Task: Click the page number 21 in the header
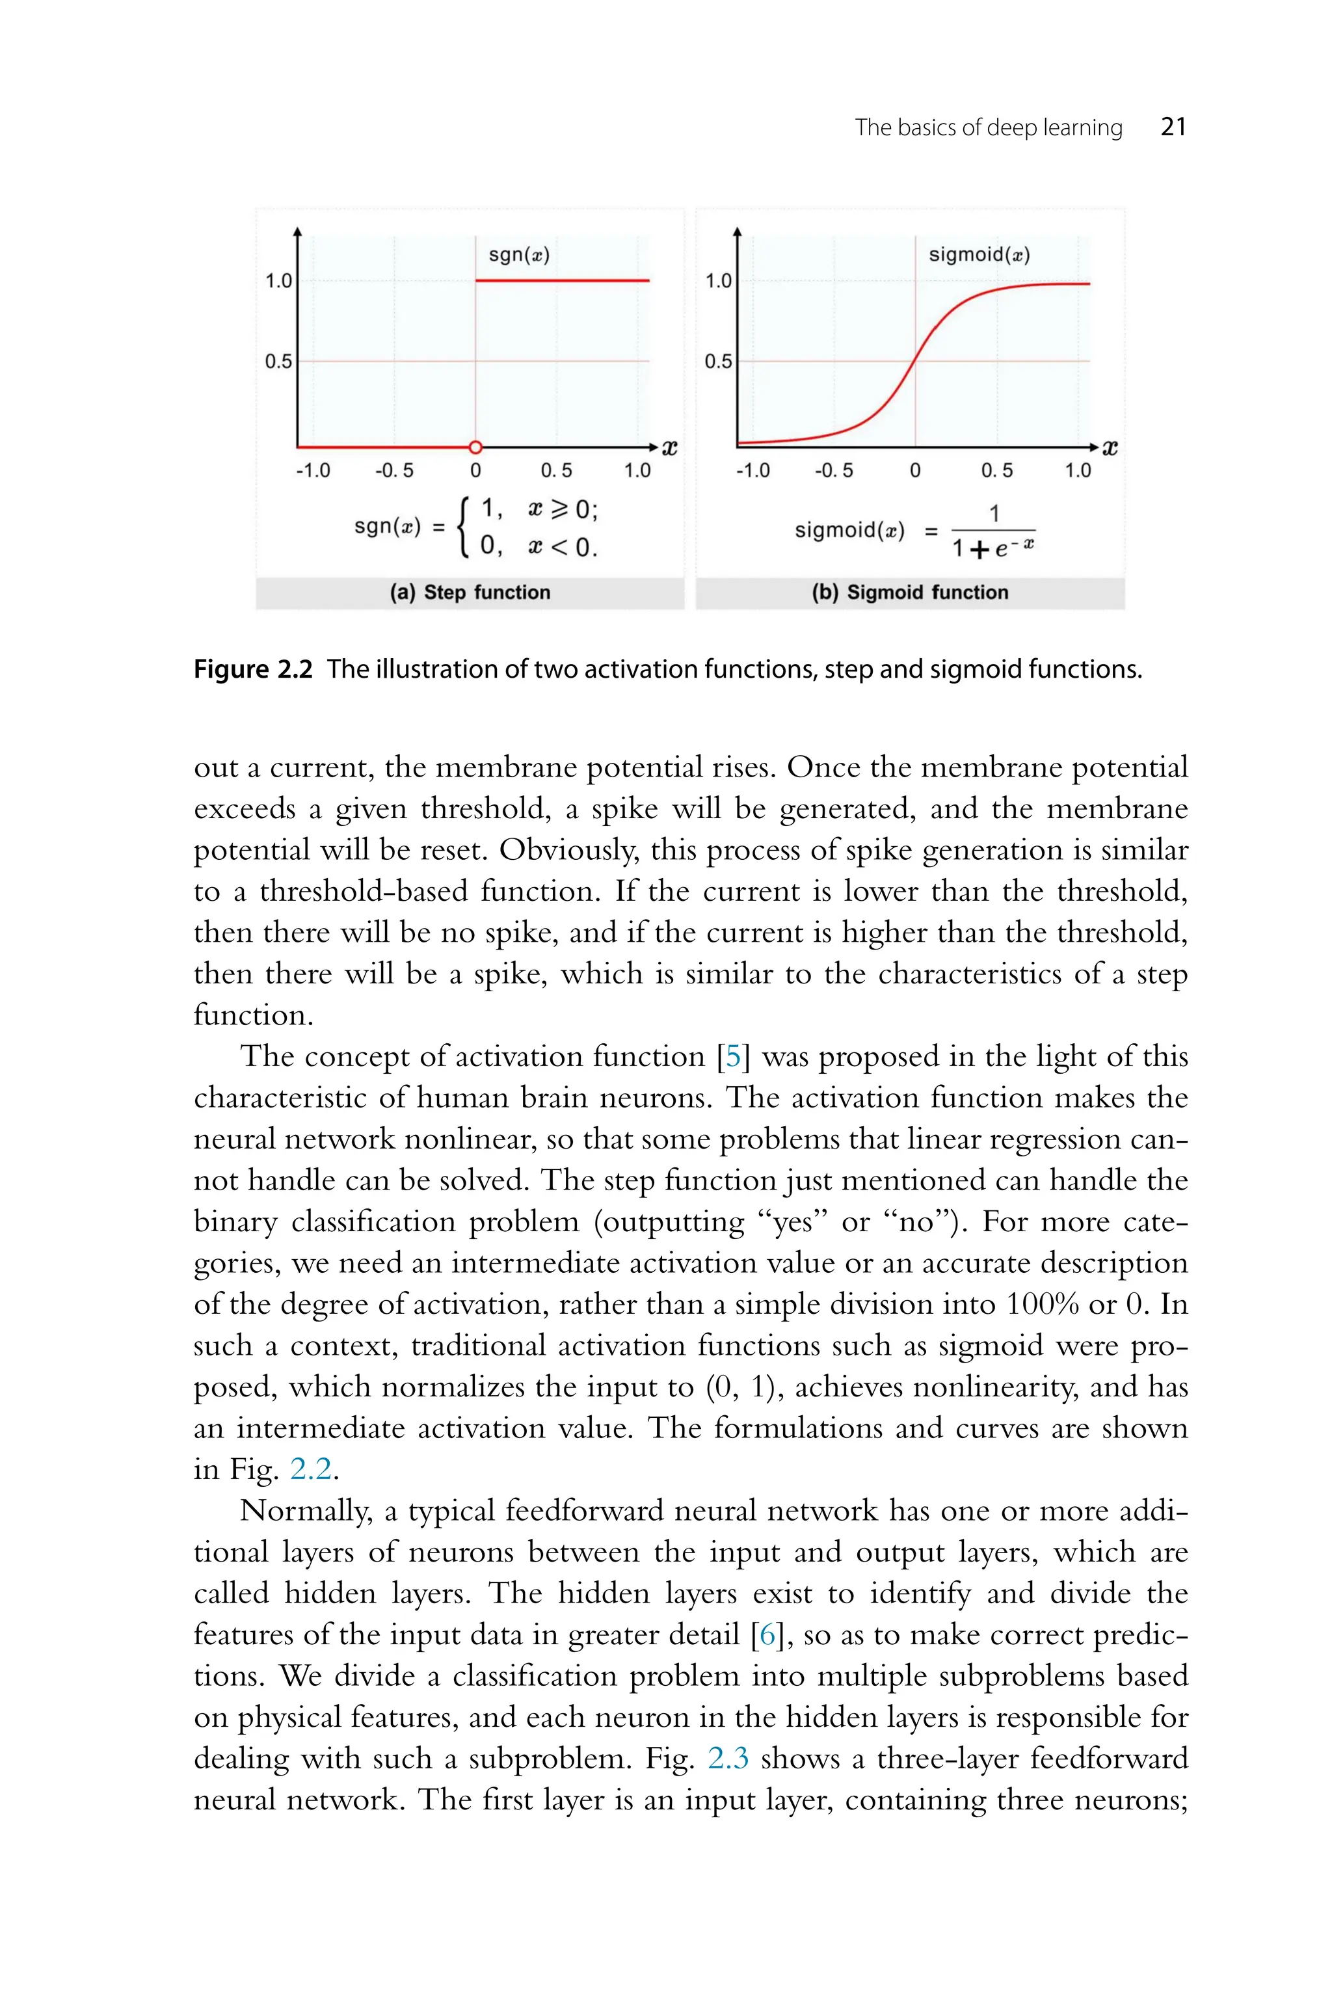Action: point(1173,127)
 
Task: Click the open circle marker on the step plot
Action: point(475,447)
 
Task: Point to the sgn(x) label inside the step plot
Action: point(519,254)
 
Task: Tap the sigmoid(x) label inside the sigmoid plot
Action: point(979,254)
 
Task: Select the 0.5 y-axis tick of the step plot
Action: point(278,361)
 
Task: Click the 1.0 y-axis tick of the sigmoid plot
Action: point(718,280)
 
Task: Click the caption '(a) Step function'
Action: point(470,592)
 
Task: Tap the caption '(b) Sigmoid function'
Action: point(910,592)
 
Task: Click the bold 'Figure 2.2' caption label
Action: point(253,669)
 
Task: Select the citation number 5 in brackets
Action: point(733,1057)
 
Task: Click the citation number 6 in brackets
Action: point(768,1634)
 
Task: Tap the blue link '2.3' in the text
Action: point(728,1759)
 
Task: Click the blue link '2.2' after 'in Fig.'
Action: point(311,1469)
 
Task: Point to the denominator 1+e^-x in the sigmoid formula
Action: point(992,548)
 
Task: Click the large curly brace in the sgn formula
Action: point(464,527)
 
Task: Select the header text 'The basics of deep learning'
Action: point(988,127)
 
